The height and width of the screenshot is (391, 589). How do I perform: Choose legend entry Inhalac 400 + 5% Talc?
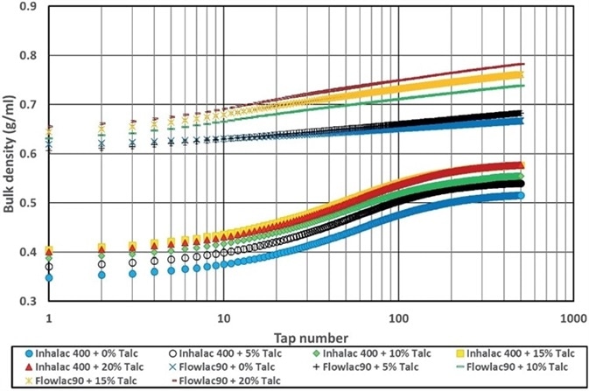(x=215, y=354)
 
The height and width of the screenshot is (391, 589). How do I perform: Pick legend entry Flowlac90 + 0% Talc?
(x=215, y=367)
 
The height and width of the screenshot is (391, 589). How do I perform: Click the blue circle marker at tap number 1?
(x=49, y=277)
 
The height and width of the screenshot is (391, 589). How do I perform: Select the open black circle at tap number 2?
(x=102, y=264)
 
